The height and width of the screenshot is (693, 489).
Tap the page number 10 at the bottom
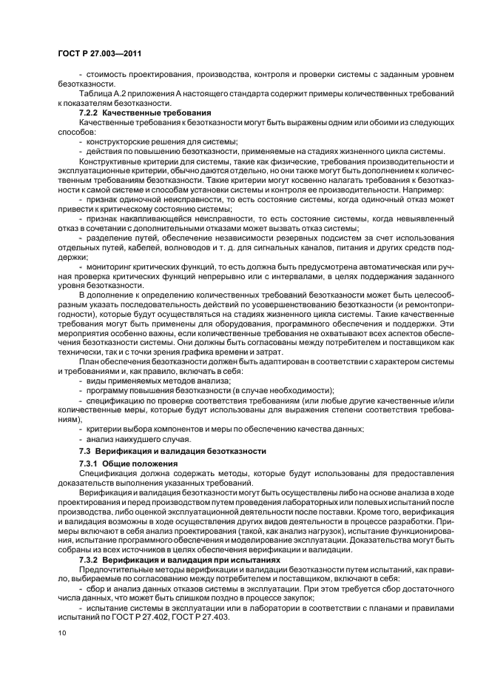(x=61, y=632)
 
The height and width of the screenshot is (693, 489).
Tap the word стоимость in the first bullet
(x=109, y=76)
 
